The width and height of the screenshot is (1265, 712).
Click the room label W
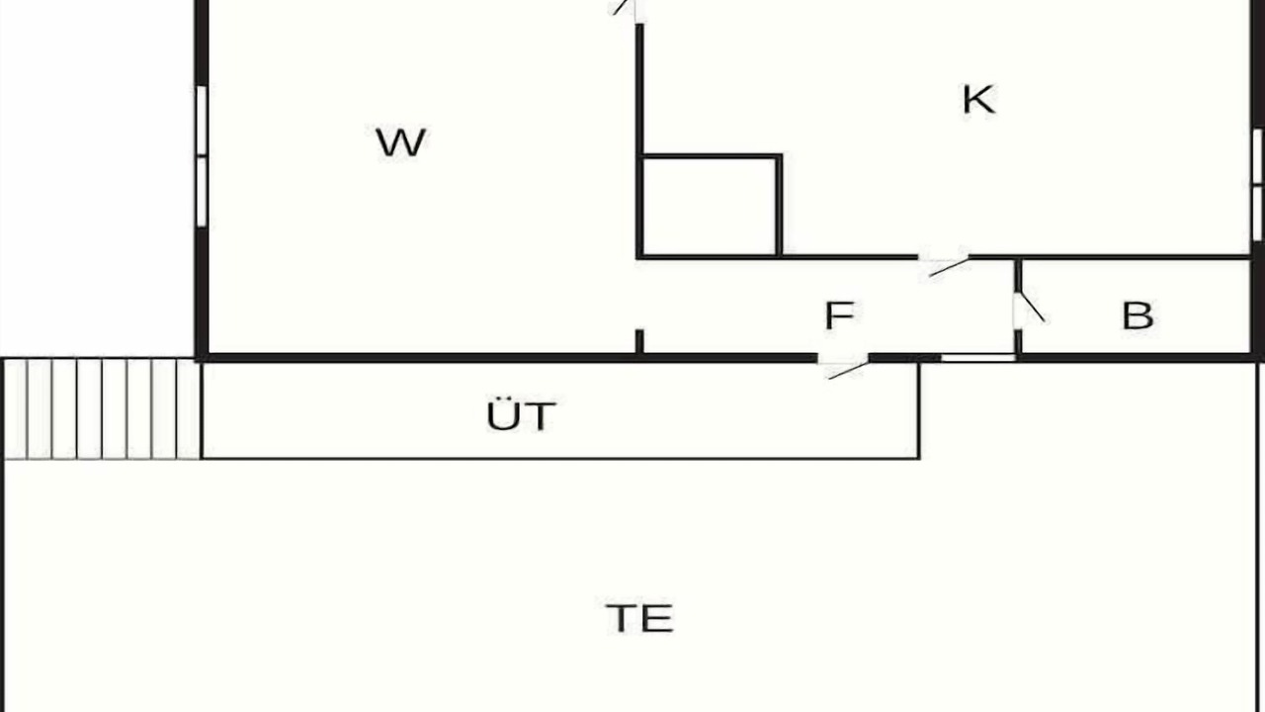[x=400, y=143]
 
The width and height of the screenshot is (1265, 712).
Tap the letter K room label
[x=978, y=100]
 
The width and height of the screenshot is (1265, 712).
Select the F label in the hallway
[x=839, y=315]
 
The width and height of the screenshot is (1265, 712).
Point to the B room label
[x=1138, y=315]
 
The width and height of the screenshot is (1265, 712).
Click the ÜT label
[x=521, y=415]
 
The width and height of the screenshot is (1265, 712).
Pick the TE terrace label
[x=639, y=618]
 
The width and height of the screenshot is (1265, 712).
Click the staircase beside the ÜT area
[x=102, y=408]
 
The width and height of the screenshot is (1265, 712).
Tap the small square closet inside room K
[x=710, y=206]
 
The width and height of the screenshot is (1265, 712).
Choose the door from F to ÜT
[x=844, y=365]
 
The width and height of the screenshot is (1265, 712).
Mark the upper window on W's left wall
[x=202, y=121]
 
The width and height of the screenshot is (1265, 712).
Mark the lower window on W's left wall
[x=202, y=192]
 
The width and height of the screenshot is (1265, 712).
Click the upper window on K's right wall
[x=1257, y=156]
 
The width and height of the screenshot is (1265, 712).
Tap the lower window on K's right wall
[x=1257, y=214]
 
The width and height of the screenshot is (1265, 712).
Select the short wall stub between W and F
[x=639, y=342]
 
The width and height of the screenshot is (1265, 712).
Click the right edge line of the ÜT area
[x=919, y=410]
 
